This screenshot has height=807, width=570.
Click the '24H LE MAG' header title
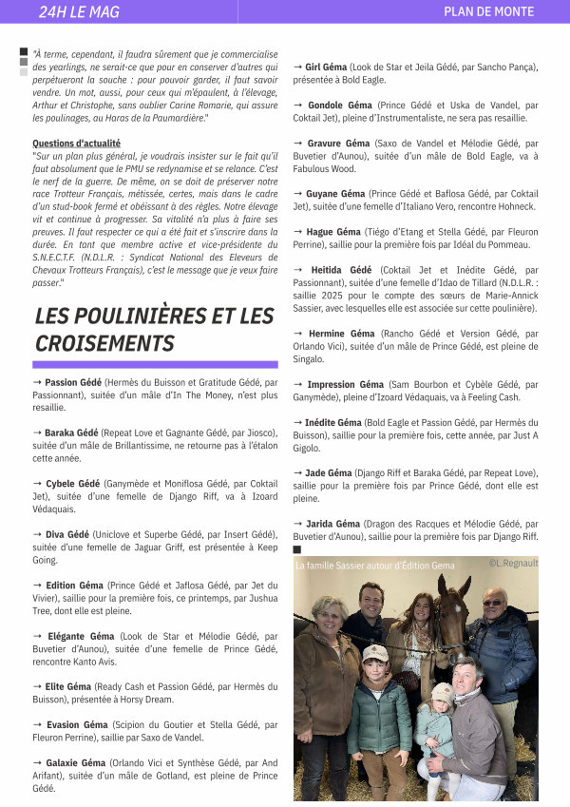tap(78, 11)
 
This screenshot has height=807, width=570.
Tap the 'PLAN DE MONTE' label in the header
tap(488, 11)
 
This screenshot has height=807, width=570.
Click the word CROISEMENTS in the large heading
tap(104, 343)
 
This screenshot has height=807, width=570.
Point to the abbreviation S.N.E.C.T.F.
tap(61, 258)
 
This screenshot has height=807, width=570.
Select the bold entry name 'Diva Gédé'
tap(66, 534)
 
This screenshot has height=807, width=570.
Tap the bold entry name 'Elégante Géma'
tap(78, 636)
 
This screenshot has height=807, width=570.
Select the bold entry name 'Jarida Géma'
tap(332, 524)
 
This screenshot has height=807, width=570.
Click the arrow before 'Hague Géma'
tap(298, 232)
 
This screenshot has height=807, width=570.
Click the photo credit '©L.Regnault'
tap(512, 564)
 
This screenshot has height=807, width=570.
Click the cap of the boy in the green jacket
tap(375, 653)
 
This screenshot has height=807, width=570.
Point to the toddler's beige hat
tap(443, 691)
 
